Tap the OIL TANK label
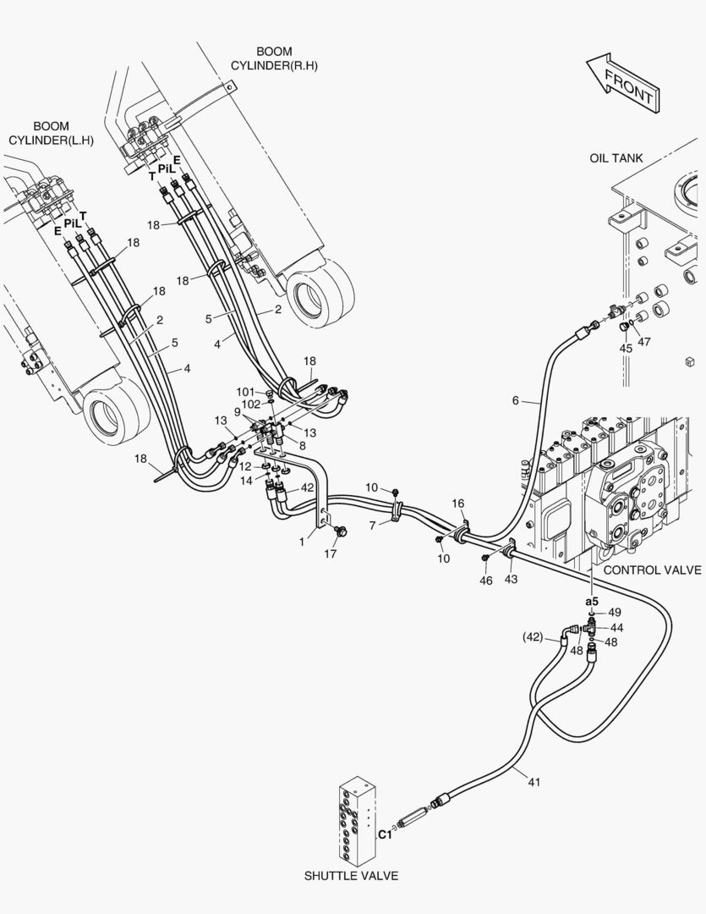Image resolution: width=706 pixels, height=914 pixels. (616, 158)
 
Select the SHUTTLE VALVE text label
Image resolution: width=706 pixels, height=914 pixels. (351, 876)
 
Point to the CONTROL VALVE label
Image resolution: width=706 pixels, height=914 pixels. (653, 570)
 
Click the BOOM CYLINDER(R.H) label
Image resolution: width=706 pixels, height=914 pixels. (274, 58)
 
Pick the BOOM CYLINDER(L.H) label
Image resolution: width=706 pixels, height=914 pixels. (52, 133)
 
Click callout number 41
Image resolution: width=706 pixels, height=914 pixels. (534, 782)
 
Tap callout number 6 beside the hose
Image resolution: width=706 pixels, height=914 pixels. (516, 400)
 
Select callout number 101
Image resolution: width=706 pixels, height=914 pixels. (246, 392)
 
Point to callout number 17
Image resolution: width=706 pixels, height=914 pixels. (331, 553)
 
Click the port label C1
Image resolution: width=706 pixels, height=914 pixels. (385, 834)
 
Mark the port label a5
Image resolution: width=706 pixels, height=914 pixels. (592, 601)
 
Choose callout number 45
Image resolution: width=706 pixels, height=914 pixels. (626, 348)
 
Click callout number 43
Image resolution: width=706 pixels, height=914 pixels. (511, 580)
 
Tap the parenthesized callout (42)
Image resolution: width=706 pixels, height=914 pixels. (533, 638)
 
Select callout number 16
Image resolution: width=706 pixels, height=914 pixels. (458, 503)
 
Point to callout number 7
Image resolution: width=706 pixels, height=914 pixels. (373, 526)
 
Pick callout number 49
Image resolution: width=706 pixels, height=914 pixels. (616, 612)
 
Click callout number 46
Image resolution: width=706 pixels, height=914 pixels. (486, 581)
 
